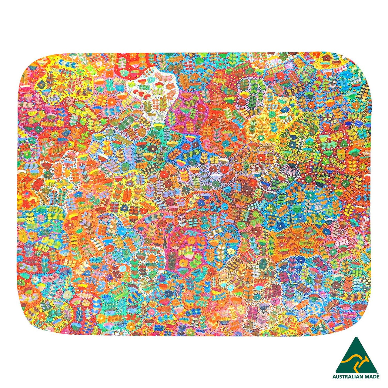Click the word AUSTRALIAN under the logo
coord(348,376)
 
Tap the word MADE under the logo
coord(372,376)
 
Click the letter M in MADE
coord(366,376)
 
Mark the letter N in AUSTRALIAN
coord(361,376)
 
